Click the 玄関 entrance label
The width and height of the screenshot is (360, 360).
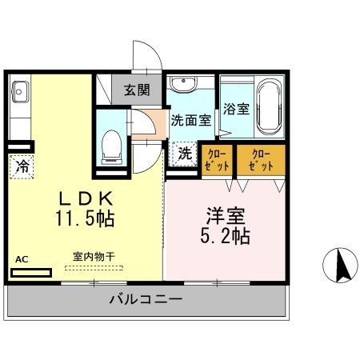coord(137,90)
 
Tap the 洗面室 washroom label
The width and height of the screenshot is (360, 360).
coord(191,120)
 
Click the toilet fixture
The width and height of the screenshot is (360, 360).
coord(112,144)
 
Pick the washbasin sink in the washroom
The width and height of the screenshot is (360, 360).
coord(186,83)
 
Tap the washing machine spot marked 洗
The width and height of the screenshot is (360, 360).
coord(183,154)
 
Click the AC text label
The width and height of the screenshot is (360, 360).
coord(22,259)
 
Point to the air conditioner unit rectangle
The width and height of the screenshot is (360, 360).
coord(31,272)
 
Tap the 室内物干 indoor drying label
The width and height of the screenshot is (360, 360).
coord(94,257)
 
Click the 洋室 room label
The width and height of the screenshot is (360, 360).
coord(226,216)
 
